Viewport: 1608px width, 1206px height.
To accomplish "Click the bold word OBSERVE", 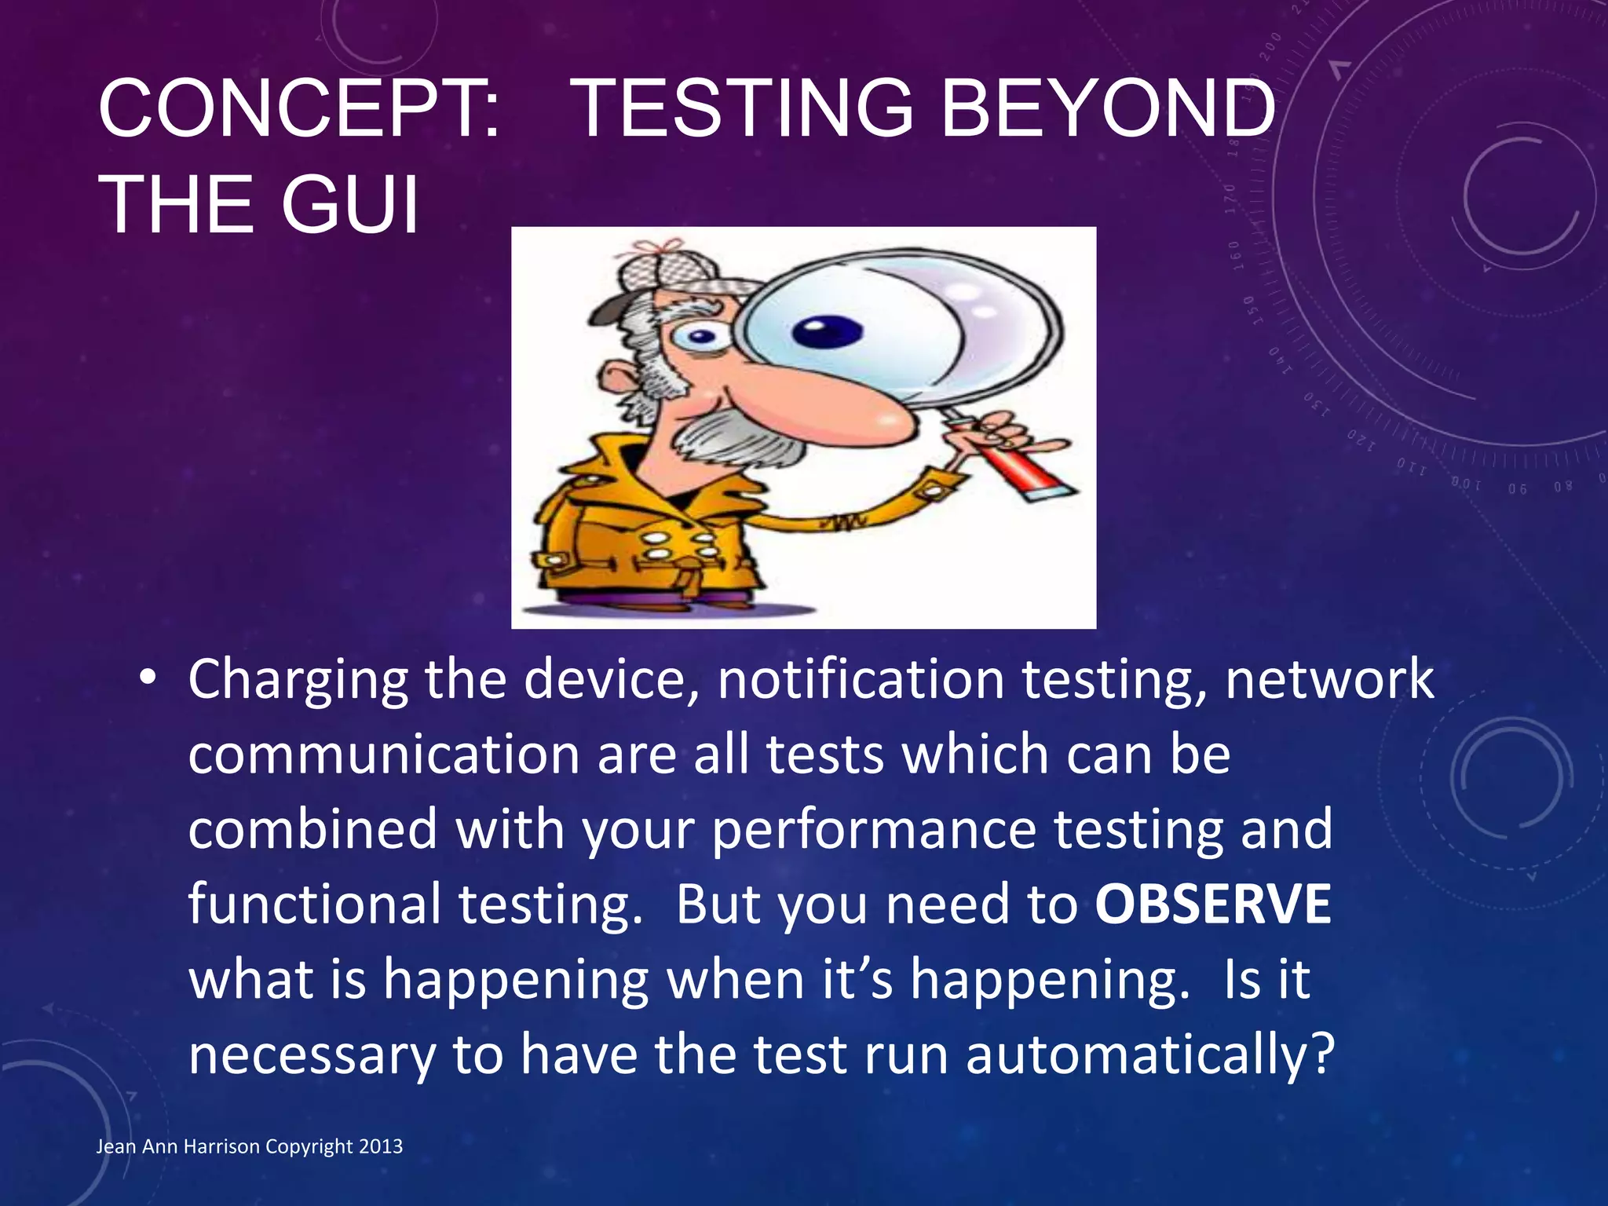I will click(1213, 904).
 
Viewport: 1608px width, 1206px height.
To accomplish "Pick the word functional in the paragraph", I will click(314, 904).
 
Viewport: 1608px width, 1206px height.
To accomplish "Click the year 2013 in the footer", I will click(381, 1146).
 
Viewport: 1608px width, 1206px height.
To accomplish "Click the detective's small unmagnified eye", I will click(700, 338).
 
